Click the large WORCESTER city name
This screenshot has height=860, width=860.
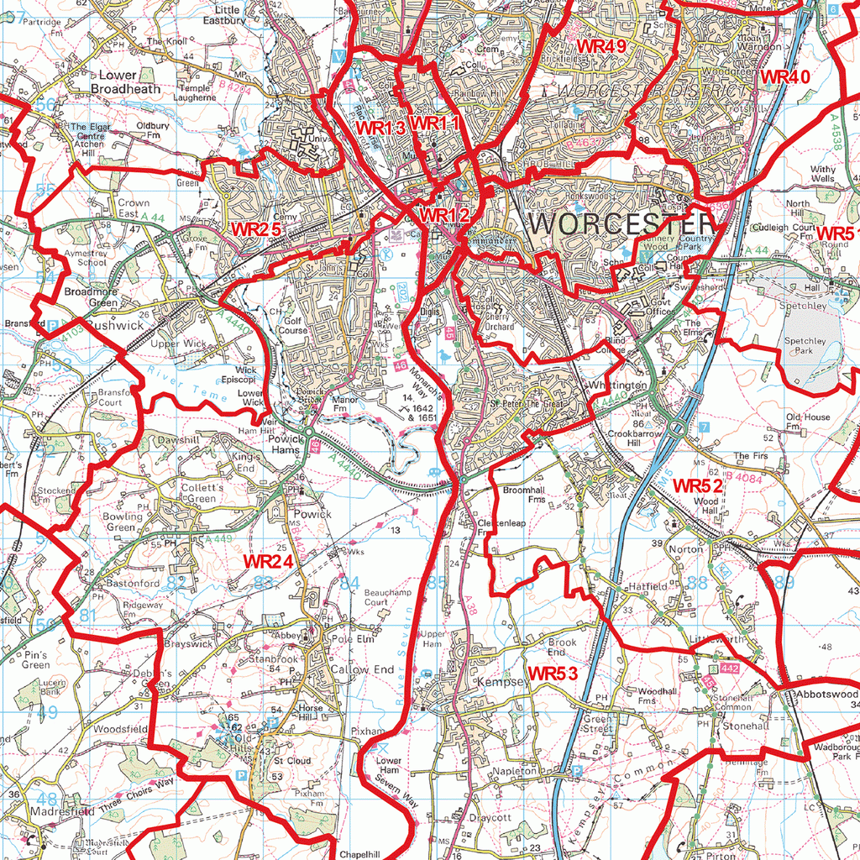click(x=622, y=224)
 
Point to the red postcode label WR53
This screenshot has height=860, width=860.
click(x=553, y=673)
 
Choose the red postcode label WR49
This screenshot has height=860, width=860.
click(x=601, y=47)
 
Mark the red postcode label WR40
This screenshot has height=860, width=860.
click(x=784, y=76)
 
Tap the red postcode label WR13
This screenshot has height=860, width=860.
click(x=380, y=127)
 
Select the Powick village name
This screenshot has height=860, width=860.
click(x=312, y=513)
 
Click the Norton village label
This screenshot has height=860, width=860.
click(x=687, y=548)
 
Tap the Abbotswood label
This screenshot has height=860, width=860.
click(x=826, y=695)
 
